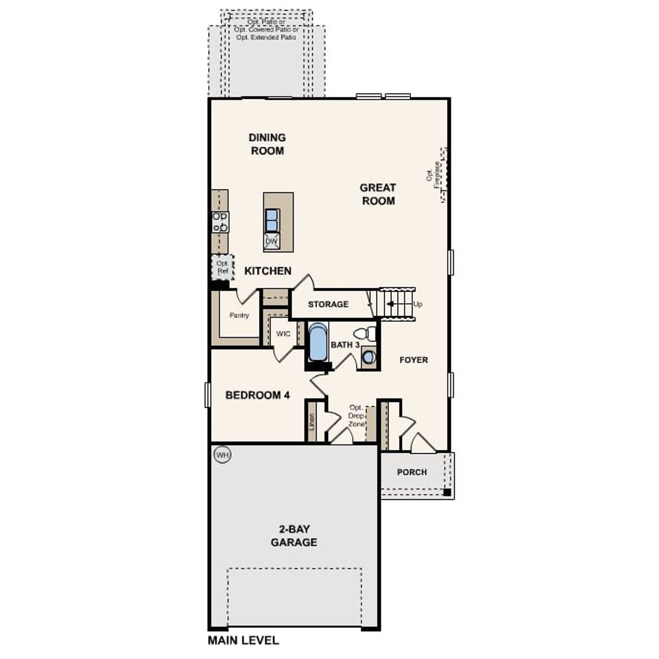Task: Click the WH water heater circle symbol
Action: tap(222, 455)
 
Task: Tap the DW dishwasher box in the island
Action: tap(271, 241)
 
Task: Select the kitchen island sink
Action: tap(272, 220)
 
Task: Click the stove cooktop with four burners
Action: tap(220, 222)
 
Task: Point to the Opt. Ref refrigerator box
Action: tap(222, 267)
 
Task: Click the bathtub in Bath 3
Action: tap(318, 342)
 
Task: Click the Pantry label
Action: tap(239, 315)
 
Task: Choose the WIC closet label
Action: tap(283, 334)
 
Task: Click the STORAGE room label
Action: tap(328, 304)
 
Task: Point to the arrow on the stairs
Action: tap(393, 304)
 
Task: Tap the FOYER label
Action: tap(413, 360)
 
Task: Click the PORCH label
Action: tap(411, 472)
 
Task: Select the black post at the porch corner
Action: tap(447, 493)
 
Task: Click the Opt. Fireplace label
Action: tap(433, 175)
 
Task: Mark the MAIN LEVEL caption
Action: tap(243, 640)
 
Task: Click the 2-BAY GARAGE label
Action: tap(294, 535)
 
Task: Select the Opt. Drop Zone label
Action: tap(356, 415)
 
